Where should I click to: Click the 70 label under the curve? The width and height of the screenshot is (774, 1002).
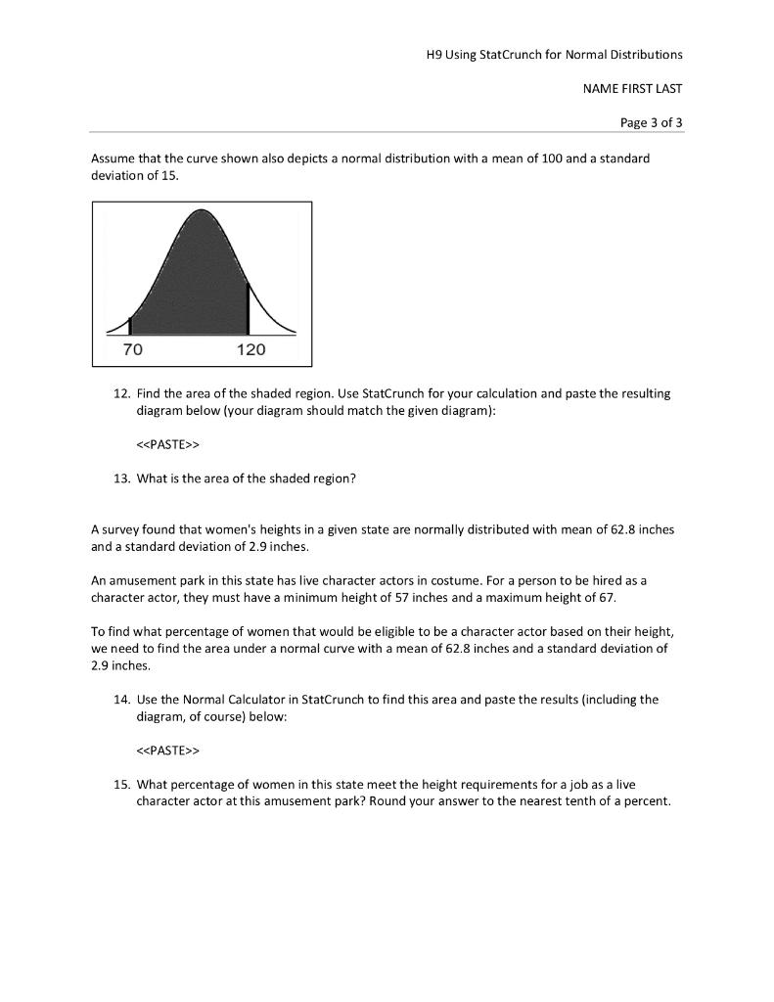coord(131,349)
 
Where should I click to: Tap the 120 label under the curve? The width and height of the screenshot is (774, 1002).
coord(250,349)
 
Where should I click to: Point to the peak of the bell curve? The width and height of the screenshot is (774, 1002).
coord(202,210)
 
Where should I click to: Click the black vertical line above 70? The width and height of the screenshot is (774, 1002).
coord(130,326)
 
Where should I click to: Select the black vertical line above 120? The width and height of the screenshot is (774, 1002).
coord(248,309)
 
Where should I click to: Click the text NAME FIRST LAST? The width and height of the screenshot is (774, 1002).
coord(632,88)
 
